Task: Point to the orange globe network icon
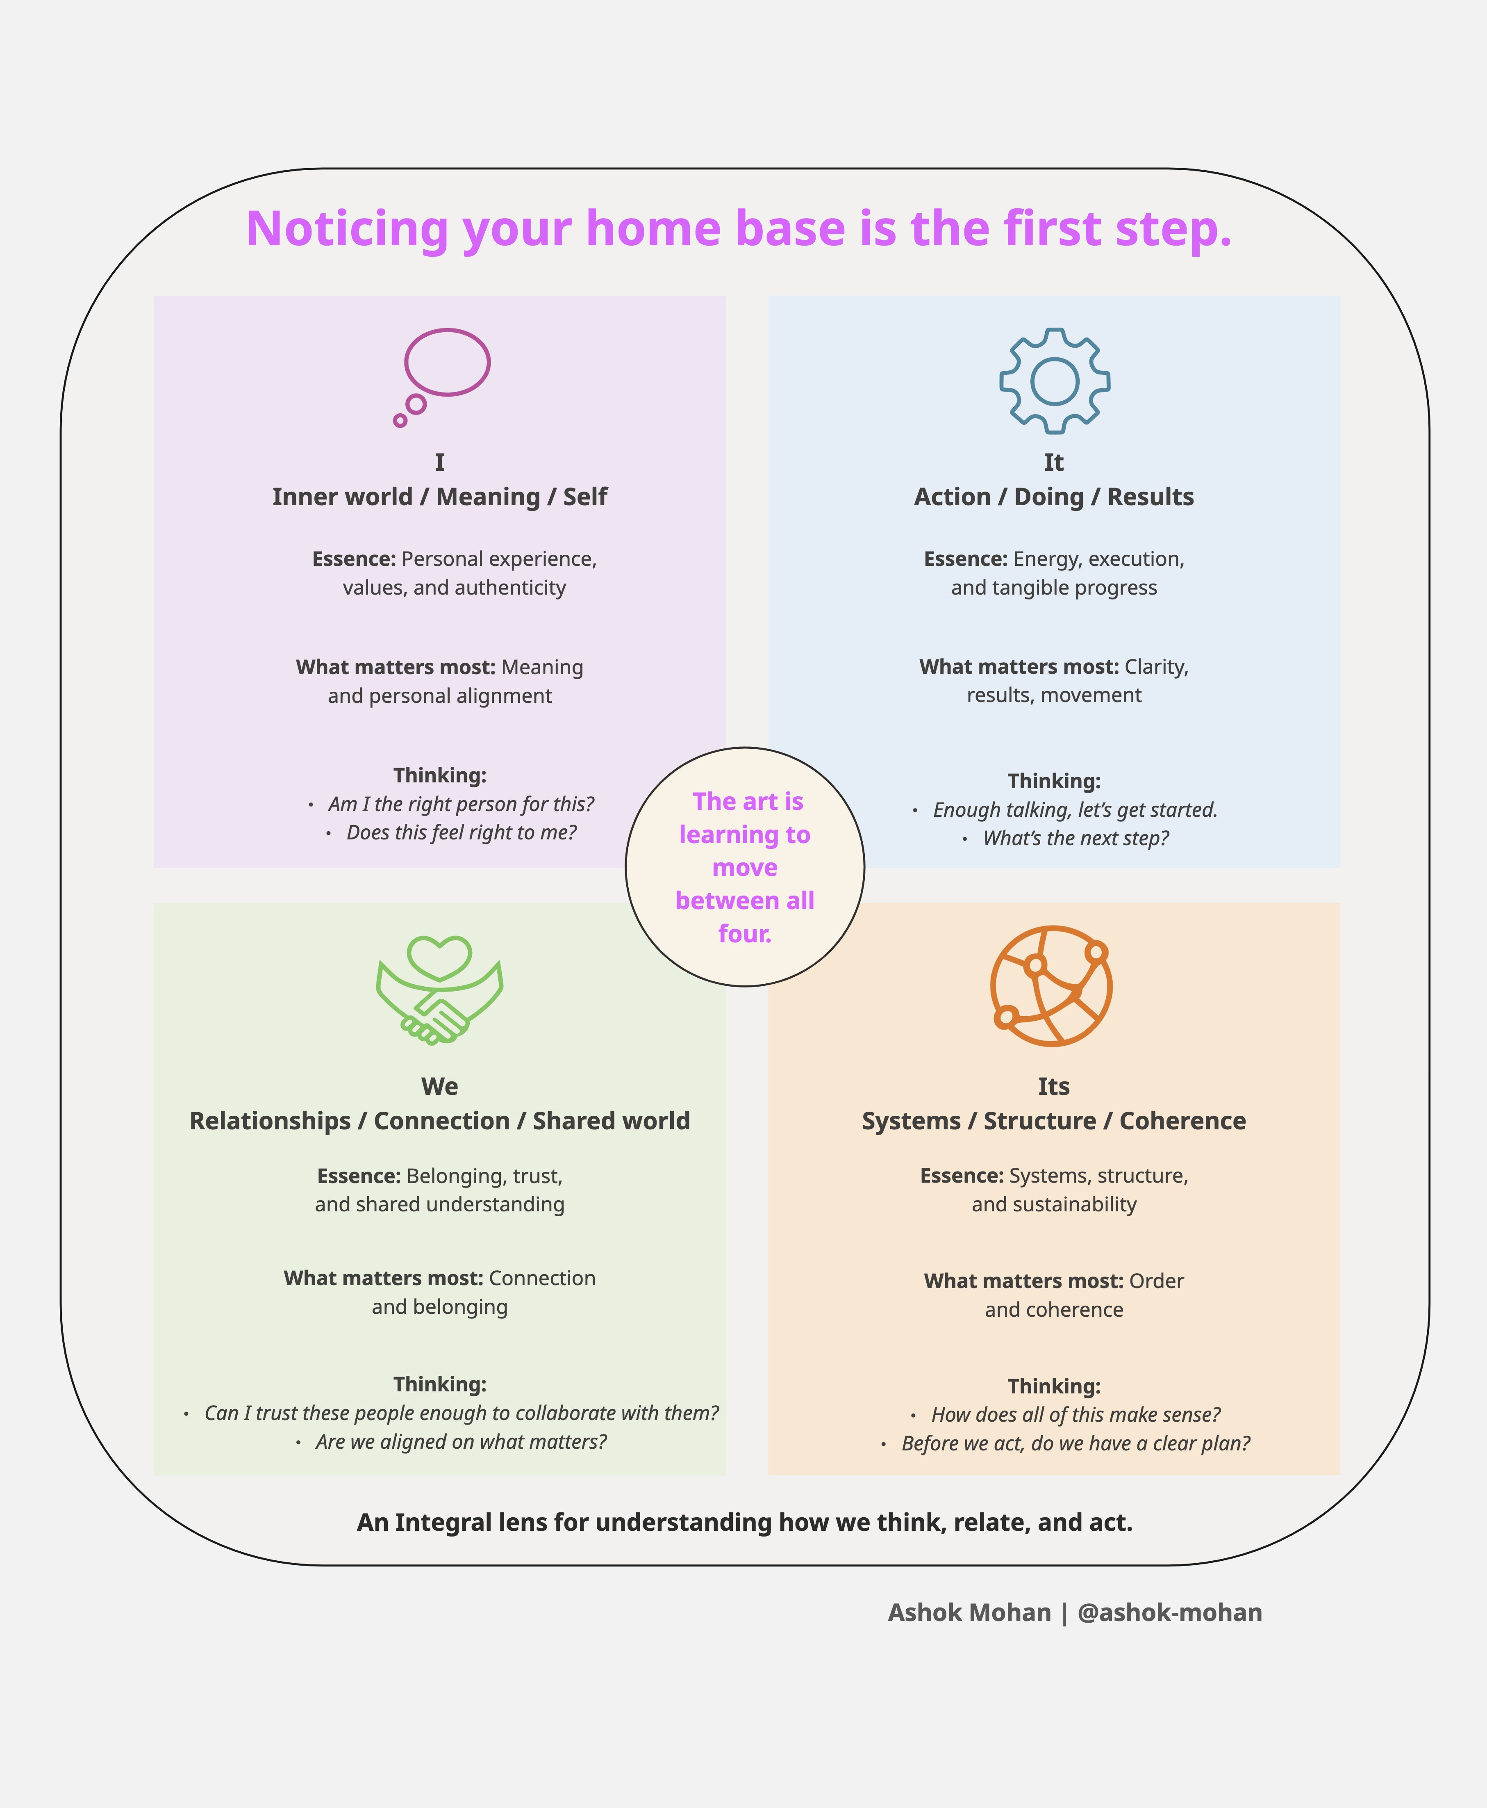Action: (x=1052, y=985)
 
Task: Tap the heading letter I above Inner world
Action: (x=439, y=463)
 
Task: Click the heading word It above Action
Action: (x=1054, y=463)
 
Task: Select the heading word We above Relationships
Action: (x=439, y=1087)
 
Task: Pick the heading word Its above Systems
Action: (x=1054, y=1087)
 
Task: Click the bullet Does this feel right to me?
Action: (x=461, y=833)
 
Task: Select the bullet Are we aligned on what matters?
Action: (x=461, y=1442)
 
